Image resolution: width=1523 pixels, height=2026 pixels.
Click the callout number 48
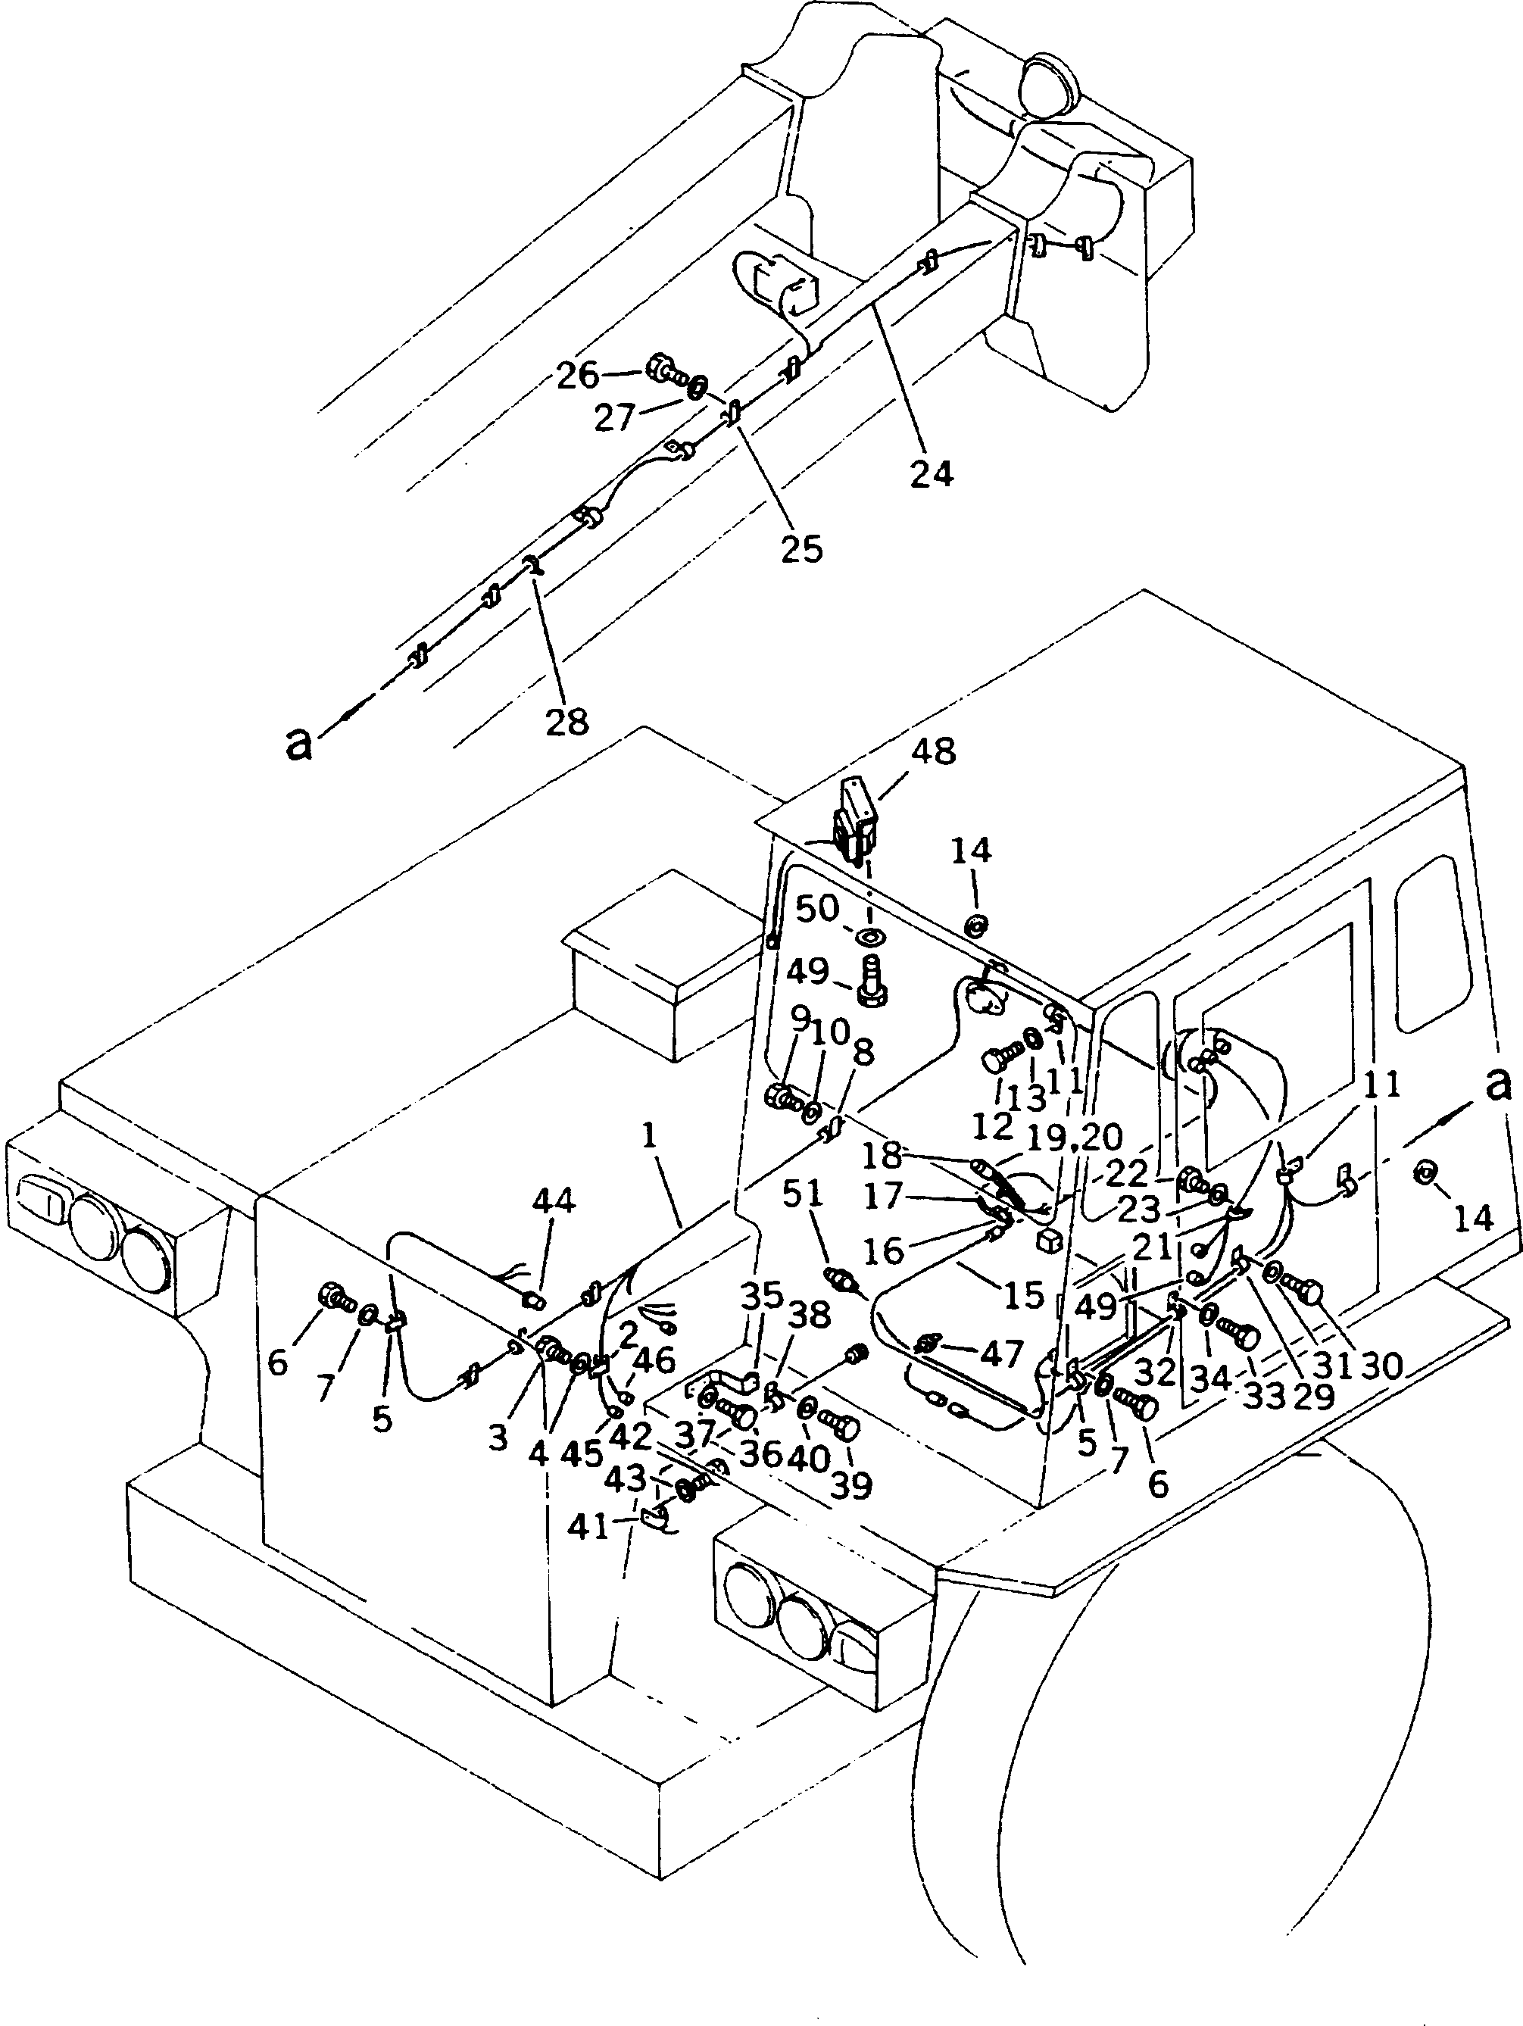932,752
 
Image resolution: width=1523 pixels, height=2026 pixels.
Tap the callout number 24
932,473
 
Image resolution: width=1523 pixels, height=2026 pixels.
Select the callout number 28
567,722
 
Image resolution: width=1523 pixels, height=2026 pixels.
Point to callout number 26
578,375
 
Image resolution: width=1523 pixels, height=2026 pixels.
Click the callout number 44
554,1200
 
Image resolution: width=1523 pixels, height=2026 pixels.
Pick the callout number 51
801,1193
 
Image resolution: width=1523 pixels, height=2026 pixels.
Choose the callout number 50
817,909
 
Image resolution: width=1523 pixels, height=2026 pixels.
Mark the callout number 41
589,1527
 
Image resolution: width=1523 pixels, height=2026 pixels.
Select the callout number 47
1001,1353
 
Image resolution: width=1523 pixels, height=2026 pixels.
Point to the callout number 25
801,548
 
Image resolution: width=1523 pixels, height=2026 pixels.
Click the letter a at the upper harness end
299,744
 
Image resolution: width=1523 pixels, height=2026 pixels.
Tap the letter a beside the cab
1498,1085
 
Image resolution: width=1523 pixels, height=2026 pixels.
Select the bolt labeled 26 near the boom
664,371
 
